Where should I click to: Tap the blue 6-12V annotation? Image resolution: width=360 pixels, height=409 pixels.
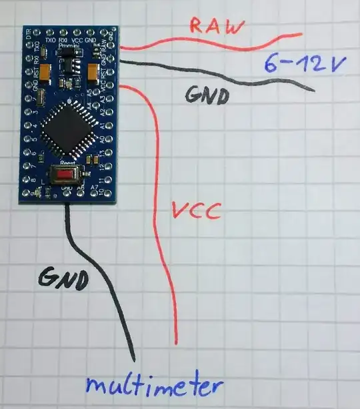[x=298, y=65]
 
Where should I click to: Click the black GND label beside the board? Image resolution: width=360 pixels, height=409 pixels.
[x=206, y=96]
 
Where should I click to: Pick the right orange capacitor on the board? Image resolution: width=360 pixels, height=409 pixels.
[x=92, y=69]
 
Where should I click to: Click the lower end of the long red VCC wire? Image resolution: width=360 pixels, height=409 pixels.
[x=177, y=342]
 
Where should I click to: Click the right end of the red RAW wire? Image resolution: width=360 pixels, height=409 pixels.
[x=301, y=34]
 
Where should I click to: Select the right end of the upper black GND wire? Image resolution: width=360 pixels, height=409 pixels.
[x=314, y=90]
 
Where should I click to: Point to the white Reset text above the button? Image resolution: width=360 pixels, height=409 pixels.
[x=66, y=162]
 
